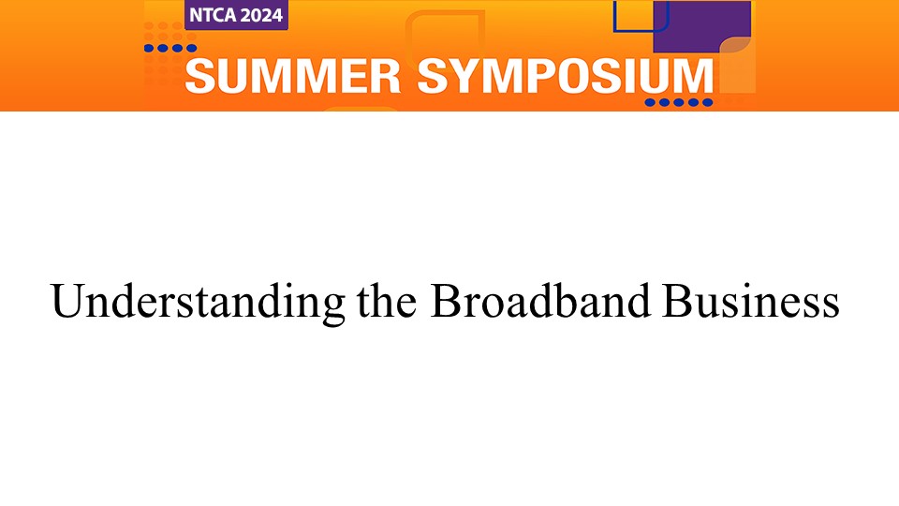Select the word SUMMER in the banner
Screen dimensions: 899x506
(x=293, y=76)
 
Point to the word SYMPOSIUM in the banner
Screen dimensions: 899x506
(x=566, y=76)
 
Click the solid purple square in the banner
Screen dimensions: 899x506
(x=701, y=26)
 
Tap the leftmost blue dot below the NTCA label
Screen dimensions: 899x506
(x=149, y=48)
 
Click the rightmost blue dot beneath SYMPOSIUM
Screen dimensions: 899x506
(x=708, y=103)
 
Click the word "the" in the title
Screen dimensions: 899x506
(x=387, y=301)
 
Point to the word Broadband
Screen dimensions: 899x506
(x=540, y=301)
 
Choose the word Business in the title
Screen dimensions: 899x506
(x=751, y=301)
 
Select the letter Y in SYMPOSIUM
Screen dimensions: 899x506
(x=472, y=76)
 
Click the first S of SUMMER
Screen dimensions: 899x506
(x=200, y=76)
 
